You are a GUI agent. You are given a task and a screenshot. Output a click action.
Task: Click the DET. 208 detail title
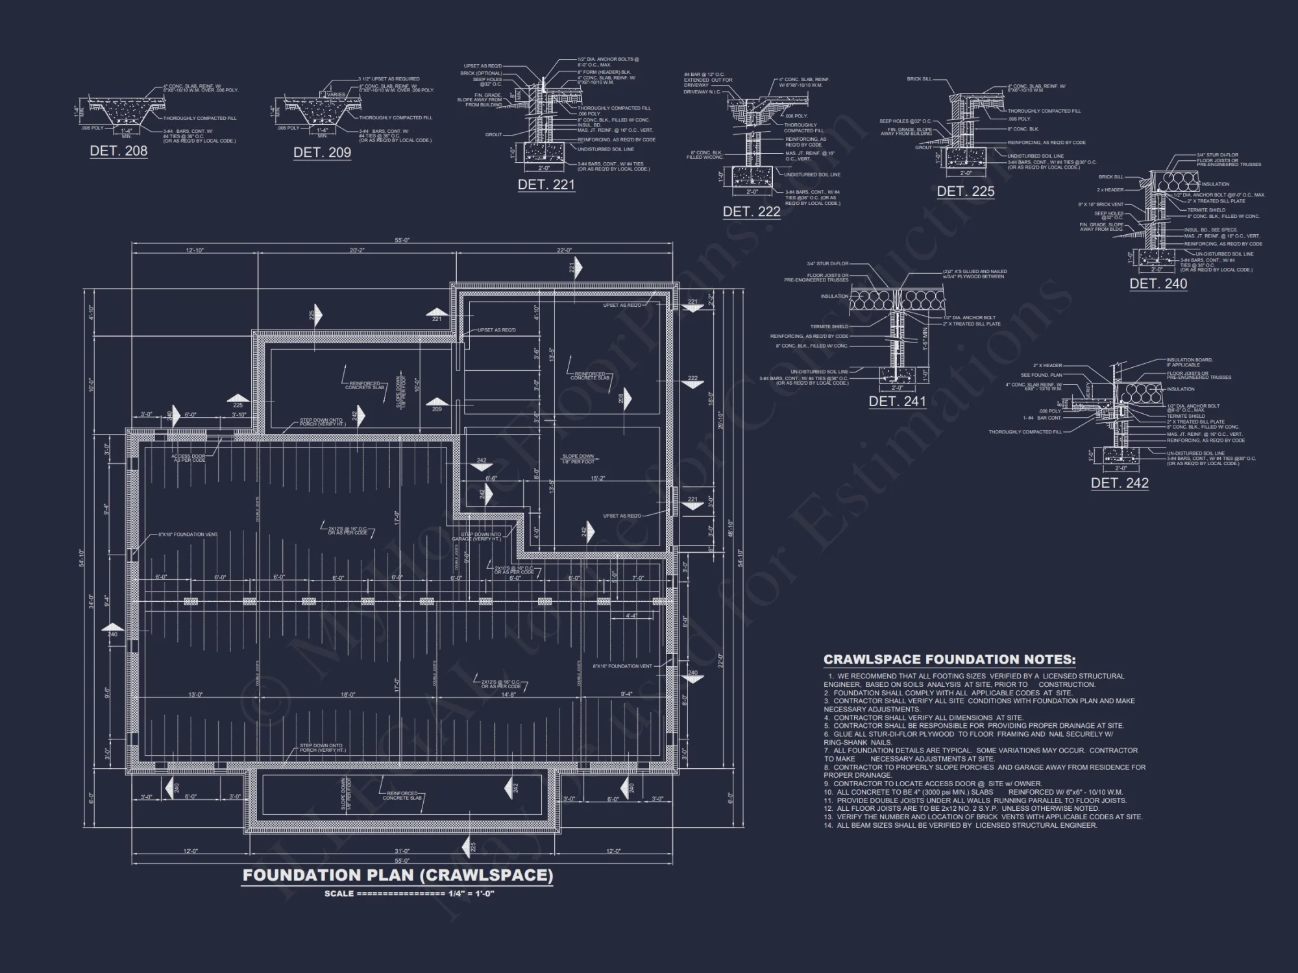[x=119, y=151]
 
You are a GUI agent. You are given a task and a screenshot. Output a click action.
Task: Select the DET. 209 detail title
[x=322, y=152]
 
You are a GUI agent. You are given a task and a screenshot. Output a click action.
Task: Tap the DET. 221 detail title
[x=546, y=185]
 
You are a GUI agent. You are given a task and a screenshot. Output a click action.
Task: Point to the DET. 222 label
[x=752, y=211]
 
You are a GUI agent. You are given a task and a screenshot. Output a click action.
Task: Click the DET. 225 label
[x=966, y=191]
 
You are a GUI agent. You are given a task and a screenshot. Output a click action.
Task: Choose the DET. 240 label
[x=1158, y=283]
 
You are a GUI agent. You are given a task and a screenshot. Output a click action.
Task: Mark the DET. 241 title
[x=898, y=402]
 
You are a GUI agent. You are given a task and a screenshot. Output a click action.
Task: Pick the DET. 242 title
[x=1120, y=483]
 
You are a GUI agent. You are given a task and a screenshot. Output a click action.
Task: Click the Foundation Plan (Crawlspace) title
[x=398, y=875]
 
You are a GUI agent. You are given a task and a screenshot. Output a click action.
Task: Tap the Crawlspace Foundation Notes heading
[x=949, y=660]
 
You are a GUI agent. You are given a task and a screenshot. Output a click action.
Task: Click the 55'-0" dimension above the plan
[x=402, y=241]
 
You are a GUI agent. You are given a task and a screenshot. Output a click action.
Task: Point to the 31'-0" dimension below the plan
[x=402, y=851]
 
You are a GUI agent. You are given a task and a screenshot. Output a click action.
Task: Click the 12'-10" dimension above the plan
[x=195, y=250]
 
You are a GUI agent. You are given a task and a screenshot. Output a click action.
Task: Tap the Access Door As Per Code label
[x=188, y=458]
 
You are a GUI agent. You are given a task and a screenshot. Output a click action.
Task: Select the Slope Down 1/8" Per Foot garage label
[x=578, y=459]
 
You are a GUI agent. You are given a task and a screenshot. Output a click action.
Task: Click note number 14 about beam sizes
[x=961, y=826]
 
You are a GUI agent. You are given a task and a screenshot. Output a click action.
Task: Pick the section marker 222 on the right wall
[x=692, y=380]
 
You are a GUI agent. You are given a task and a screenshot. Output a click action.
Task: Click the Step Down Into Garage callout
[x=481, y=536]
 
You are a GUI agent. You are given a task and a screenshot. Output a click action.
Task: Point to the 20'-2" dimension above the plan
[x=357, y=250]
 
